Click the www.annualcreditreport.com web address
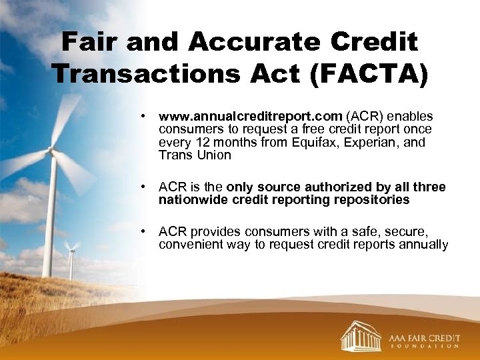tap(251, 116)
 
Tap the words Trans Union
tap(195, 155)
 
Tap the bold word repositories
tap(373, 200)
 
